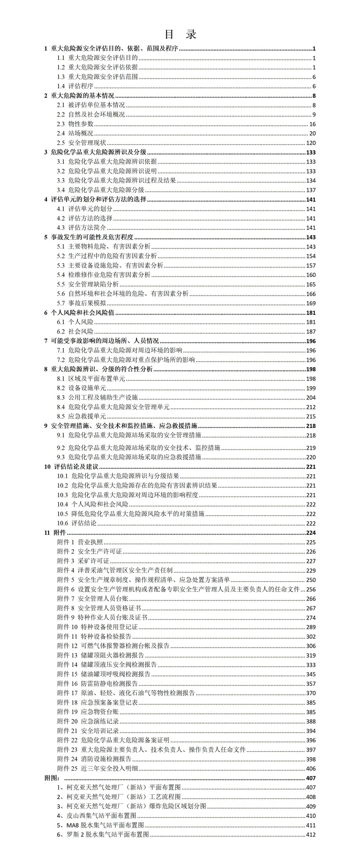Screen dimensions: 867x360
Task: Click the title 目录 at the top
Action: point(180,34)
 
